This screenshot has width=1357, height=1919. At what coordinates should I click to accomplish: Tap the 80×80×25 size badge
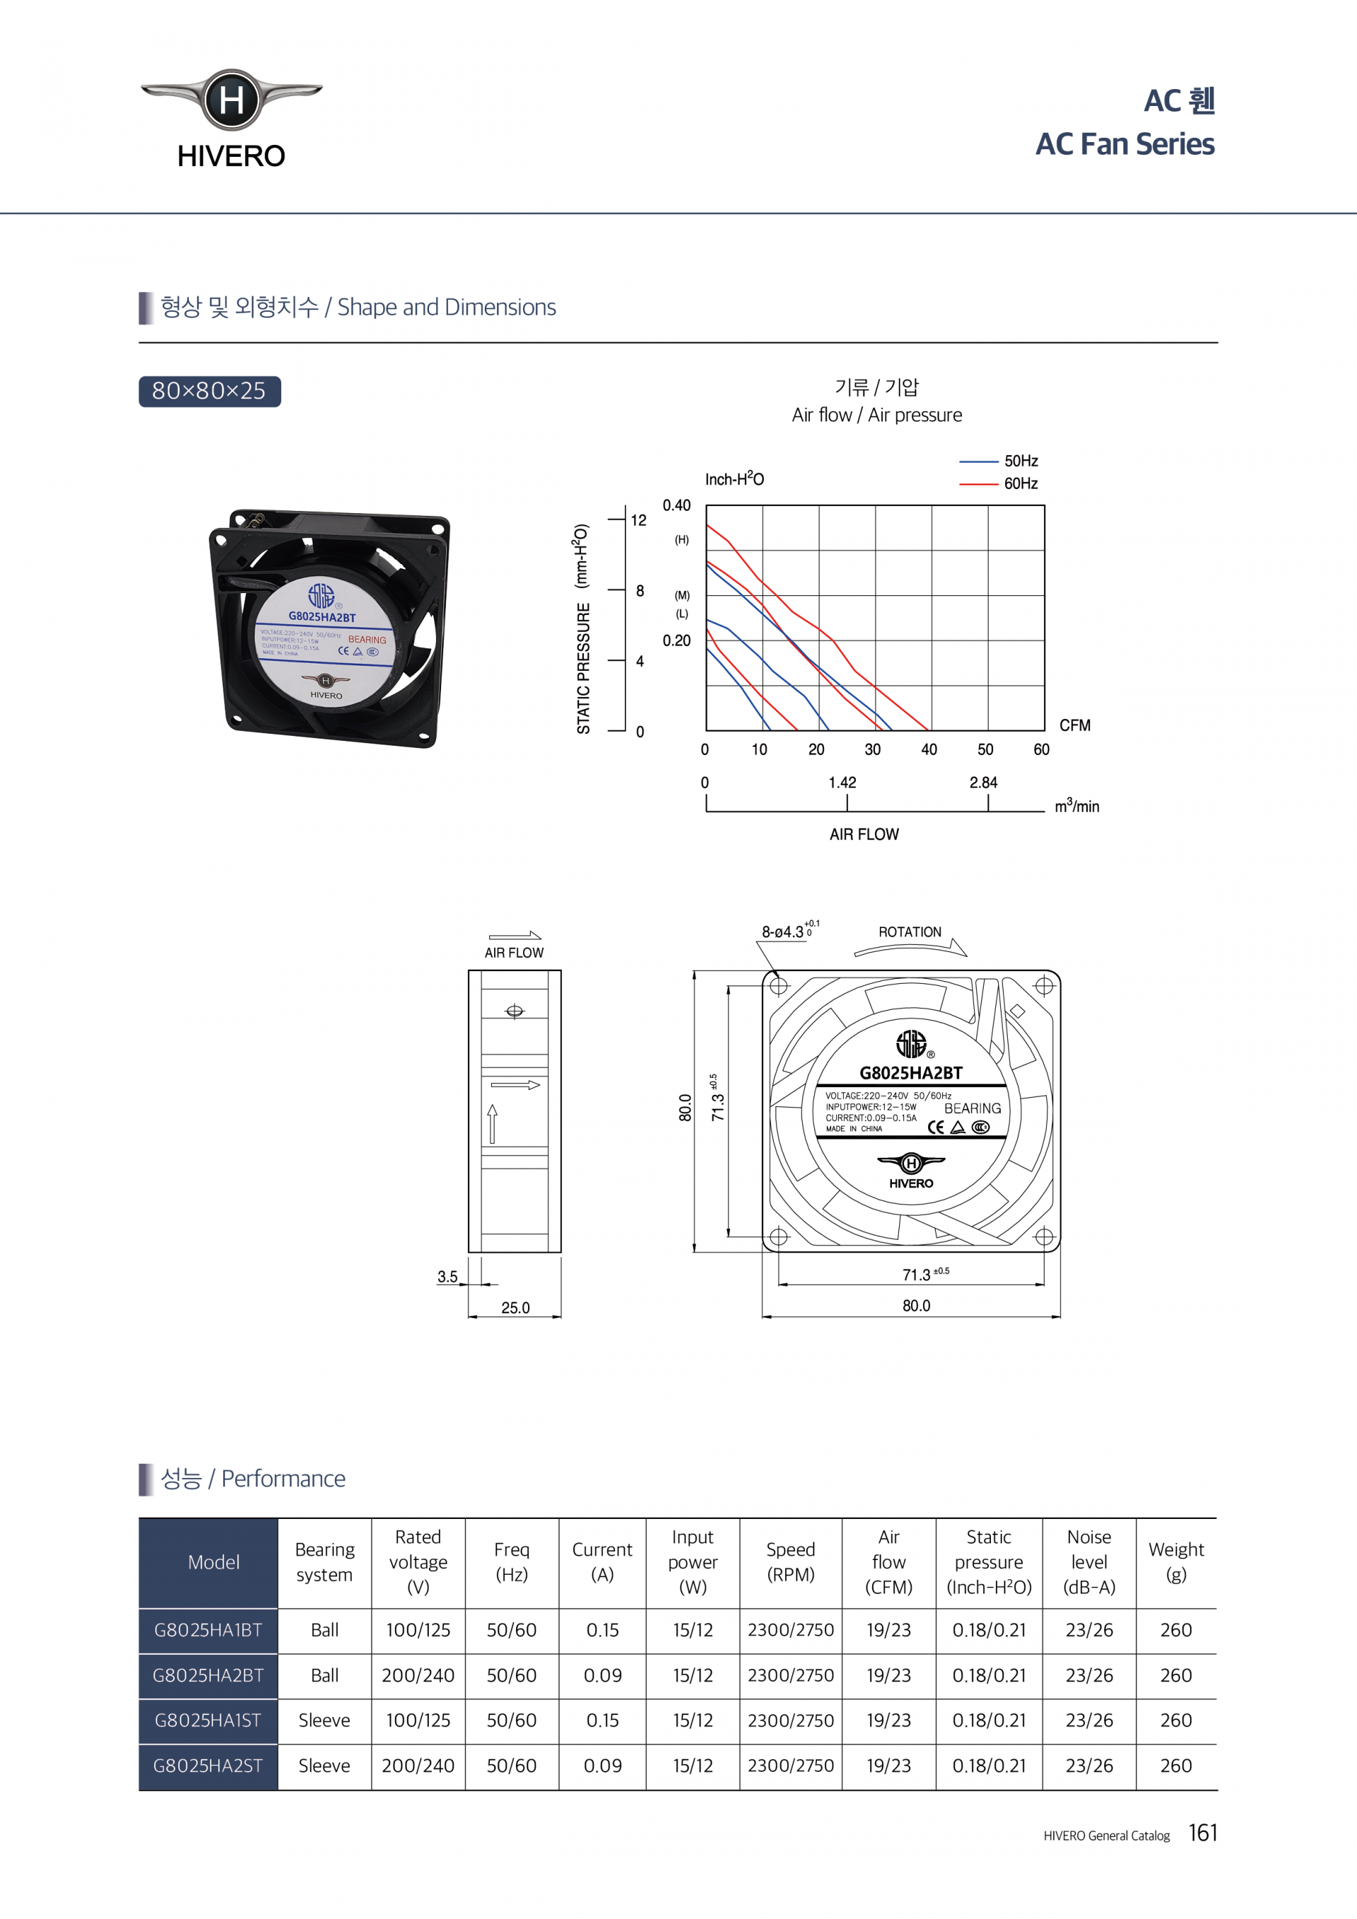209,391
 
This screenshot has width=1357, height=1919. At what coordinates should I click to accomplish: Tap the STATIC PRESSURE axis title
582,629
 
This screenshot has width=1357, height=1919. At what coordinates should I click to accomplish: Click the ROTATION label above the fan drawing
909,932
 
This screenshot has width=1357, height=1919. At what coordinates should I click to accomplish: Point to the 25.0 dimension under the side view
515,1308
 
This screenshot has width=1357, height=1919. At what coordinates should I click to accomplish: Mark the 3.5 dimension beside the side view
447,1277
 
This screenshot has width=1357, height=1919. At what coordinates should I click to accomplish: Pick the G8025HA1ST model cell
208,1720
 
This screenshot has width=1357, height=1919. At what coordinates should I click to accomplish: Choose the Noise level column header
1088,1562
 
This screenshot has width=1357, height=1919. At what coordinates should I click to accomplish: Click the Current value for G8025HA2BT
601,1675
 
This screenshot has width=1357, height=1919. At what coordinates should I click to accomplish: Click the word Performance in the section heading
283,1479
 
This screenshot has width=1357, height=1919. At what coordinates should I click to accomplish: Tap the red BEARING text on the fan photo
367,640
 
